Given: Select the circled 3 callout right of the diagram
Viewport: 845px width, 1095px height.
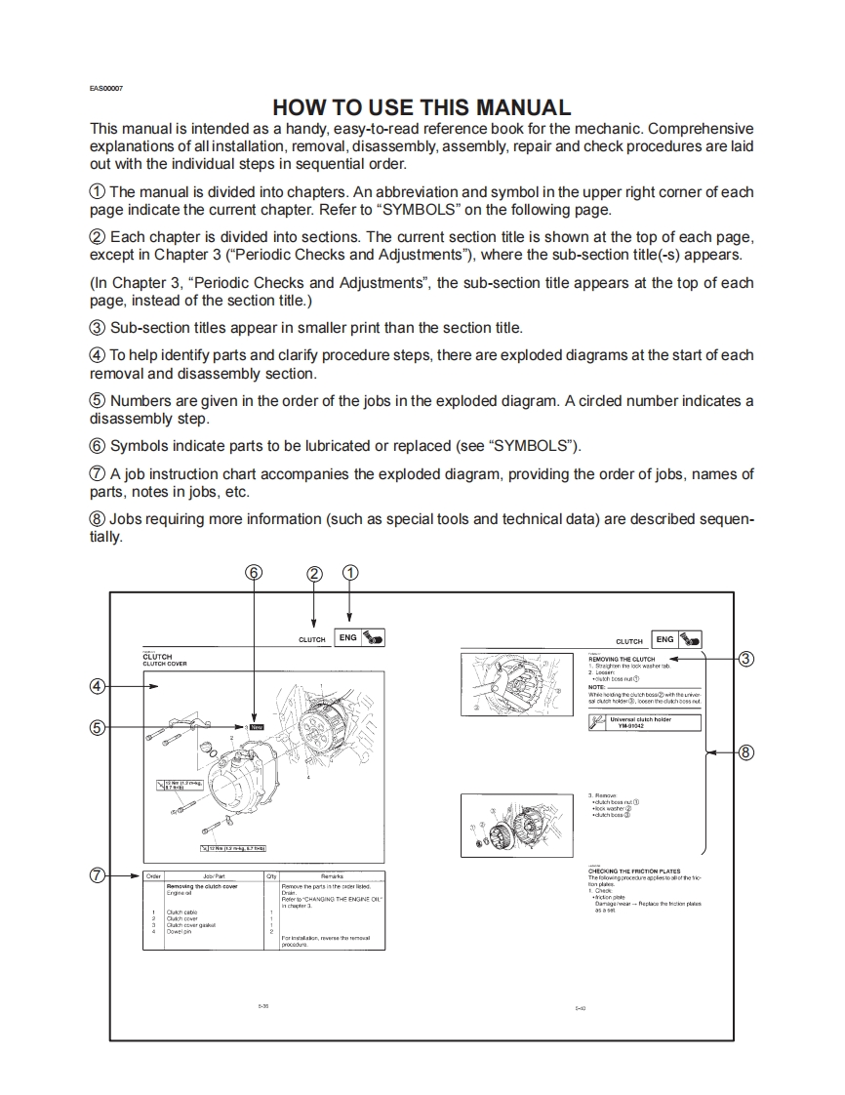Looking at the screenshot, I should pyautogui.click(x=746, y=658).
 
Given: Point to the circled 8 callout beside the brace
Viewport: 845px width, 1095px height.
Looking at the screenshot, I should pyautogui.click(x=746, y=752).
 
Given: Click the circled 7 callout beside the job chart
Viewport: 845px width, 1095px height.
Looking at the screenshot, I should pyautogui.click(x=97, y=874).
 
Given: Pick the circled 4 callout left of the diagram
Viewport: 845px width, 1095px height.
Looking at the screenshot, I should pyautogui.click(x=97, y=685).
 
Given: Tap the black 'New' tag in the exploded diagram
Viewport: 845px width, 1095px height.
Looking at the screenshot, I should pyautogui.click(x=258, y=727).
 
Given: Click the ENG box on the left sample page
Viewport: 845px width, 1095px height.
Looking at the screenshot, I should pyautogui.click(x=347, y=637).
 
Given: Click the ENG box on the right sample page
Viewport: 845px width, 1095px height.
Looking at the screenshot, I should pyautogui.click(x=664, y=639).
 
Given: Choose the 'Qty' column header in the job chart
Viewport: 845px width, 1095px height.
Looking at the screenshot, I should pyautogui.click(x=271, y=876).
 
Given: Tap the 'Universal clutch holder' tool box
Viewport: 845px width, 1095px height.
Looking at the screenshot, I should pyautogui.click(x=645, y=722).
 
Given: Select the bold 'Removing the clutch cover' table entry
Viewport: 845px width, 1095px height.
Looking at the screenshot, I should pyautogui.click(x=202, y=886).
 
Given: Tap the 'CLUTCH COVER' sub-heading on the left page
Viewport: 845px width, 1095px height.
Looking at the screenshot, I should pyautogui.click(x=165, y=664).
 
